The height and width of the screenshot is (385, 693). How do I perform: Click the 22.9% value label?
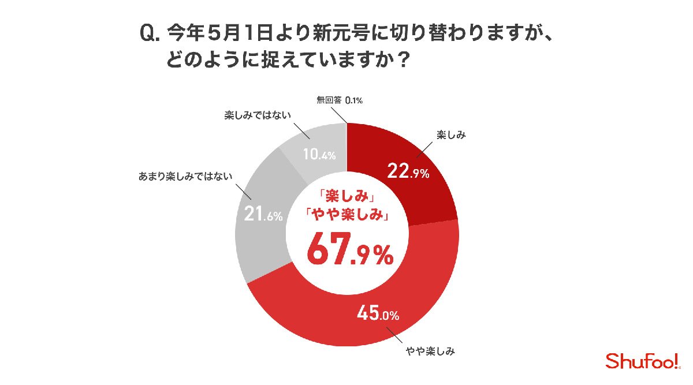pos(407,171)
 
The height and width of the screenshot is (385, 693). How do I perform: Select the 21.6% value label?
pos(260,215)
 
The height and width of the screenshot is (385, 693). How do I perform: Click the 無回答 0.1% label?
pos(340,101)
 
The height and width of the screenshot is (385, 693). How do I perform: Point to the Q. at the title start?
pos(149,33)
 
